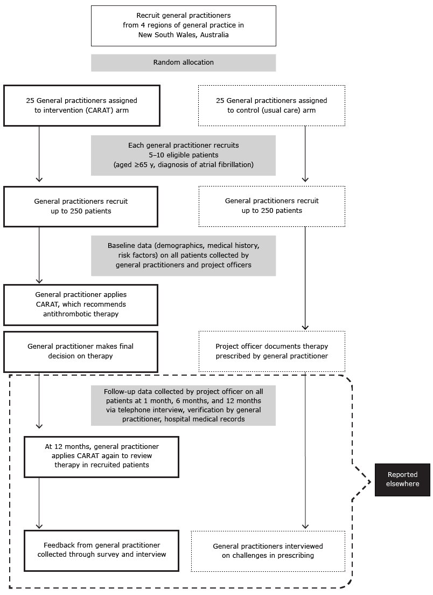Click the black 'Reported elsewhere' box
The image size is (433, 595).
click(x=402, y=479)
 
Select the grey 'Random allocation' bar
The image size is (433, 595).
click(x=183, y=63)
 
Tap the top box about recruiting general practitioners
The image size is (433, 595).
click(x=183, y=26)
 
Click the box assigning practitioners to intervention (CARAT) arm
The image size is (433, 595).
click(x=81, y=106)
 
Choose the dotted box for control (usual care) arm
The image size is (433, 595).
click(x=271, y=106)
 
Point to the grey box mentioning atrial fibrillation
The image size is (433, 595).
click(x=183, y=155)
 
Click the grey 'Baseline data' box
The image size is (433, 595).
click(x=183, y=255)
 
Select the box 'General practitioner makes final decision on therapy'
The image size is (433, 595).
click(x=81, y=351)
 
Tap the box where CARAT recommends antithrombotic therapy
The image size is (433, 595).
click(x=81, y=305)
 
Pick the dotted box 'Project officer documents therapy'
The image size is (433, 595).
click(x=271, y=351)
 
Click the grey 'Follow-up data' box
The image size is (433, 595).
click(x=183, y=405)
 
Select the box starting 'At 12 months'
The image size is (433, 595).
click(x=101, y=456)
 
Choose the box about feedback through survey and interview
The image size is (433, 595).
click(x=101, y=550)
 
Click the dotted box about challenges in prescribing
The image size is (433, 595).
click(x=268, y=551)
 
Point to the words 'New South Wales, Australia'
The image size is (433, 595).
click(x=183, y=35)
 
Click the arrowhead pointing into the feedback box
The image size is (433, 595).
click(x=39, y=526)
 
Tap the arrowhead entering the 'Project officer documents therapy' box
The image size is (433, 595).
click(x=305, y=327)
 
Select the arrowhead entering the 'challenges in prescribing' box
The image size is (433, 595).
click(x=305, y=527)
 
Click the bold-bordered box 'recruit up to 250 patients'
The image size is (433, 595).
click(x=81, y=206)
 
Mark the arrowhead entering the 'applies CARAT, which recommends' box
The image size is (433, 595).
click(x=39, y=280)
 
